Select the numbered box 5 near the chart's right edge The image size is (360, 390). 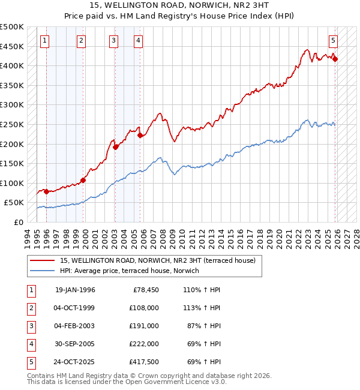(333, 41)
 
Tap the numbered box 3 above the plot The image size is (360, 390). (114, 41)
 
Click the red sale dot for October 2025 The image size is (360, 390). (335, 59)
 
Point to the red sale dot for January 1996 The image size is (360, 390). (46, 191)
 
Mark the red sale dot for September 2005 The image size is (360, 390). (140, 136)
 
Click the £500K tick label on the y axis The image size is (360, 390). (12, 27)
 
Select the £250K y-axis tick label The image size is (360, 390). (12, 125)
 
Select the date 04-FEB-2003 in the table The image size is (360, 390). (75, 326)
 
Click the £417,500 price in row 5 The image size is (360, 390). (145, 362)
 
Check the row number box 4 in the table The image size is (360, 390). (31, 344)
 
